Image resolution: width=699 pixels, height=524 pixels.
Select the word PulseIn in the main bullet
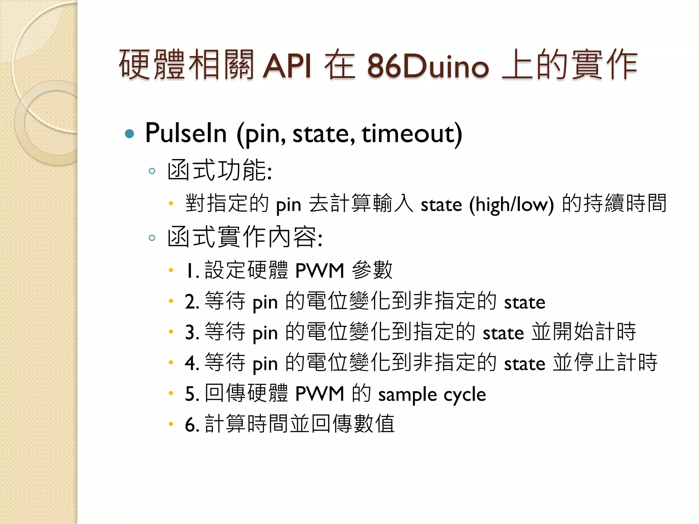coord(186,133)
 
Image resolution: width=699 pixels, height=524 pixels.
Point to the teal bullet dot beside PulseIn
coord(130,133)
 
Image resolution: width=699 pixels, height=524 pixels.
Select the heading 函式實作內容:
coord(245,237)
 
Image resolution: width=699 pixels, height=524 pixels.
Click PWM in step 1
coord(319,271)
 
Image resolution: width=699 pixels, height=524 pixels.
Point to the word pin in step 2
coord(265,303)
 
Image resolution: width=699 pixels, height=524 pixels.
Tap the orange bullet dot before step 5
coord(171,393)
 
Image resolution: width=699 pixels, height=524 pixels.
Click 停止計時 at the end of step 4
coord(616,363)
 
